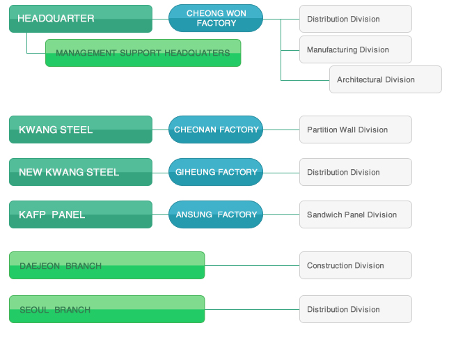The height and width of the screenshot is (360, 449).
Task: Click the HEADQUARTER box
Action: point(80,19)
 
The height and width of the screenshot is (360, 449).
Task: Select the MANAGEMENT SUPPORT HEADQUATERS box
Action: point(143,53)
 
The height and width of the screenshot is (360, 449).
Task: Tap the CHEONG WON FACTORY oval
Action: point(216,18)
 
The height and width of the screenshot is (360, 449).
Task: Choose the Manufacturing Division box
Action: point(355,49)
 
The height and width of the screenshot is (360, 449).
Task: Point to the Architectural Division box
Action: point(385,79)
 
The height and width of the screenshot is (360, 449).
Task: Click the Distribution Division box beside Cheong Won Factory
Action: point(355,19)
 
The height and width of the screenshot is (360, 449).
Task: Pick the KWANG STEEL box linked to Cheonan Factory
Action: point(80,130)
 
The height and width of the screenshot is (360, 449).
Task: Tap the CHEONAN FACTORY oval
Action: point(216,130)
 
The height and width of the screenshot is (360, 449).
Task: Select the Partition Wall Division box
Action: point(355,130)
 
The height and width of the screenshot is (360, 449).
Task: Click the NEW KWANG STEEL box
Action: point(80,172)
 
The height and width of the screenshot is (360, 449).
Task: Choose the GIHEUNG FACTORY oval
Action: point(216,172)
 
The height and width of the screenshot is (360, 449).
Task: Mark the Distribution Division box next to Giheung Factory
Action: point(355,172)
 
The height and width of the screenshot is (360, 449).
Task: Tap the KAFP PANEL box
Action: point(80,214)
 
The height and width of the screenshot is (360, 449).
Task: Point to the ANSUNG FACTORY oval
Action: point(216,214)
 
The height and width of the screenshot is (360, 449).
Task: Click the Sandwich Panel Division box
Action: point(355,214)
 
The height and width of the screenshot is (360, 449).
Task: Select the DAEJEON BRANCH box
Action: point(107,265)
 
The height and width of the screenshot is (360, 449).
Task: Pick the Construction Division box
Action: point(355,265)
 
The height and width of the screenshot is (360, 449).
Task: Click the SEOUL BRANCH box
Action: point(107,309)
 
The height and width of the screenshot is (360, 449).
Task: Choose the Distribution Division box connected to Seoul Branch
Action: point(355,309)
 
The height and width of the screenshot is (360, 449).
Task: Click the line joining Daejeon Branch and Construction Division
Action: point(252,265)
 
